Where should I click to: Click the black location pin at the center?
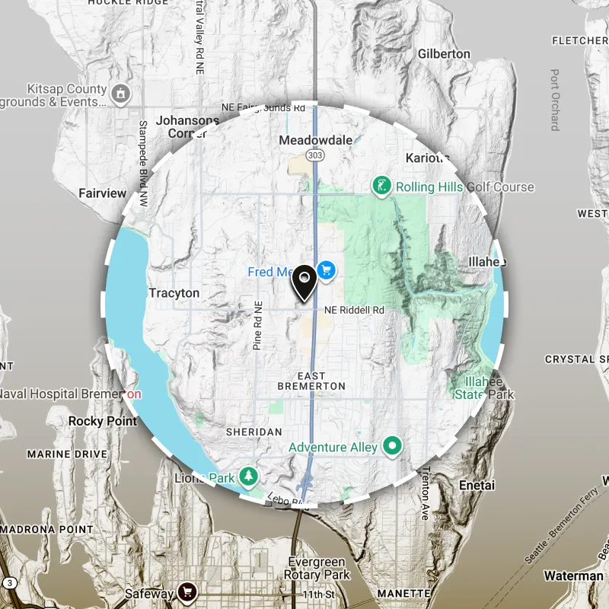[x=304, y=283]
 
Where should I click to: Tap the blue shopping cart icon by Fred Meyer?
[x=327, y=270]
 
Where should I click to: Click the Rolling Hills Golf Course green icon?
[x=381, y=186]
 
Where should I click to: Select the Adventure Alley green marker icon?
[x=393, y=446]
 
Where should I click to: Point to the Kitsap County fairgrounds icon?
[x=120, y=94]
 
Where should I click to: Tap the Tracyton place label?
[x=174, y=293]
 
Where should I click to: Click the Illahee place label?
[x=487, y=262]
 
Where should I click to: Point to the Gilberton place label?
[x=444, y=54]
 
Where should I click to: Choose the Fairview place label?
[x=102, y=193]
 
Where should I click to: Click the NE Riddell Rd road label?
[x=355, y=311]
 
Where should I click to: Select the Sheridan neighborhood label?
[x=253, y=432]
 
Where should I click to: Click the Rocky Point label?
[x=103, y=421]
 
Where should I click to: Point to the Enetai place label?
[x=477, y=484]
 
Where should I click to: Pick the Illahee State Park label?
[x=484, y=388]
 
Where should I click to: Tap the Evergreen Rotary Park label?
[x=317, y=568]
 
